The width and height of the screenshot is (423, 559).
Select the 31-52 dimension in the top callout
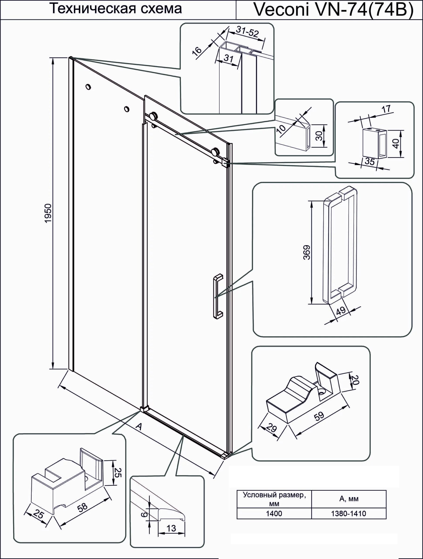(x=247, y=32)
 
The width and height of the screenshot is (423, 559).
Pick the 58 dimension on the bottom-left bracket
(x=83, y=505)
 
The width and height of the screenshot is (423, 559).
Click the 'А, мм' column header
(x=349, y=499)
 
